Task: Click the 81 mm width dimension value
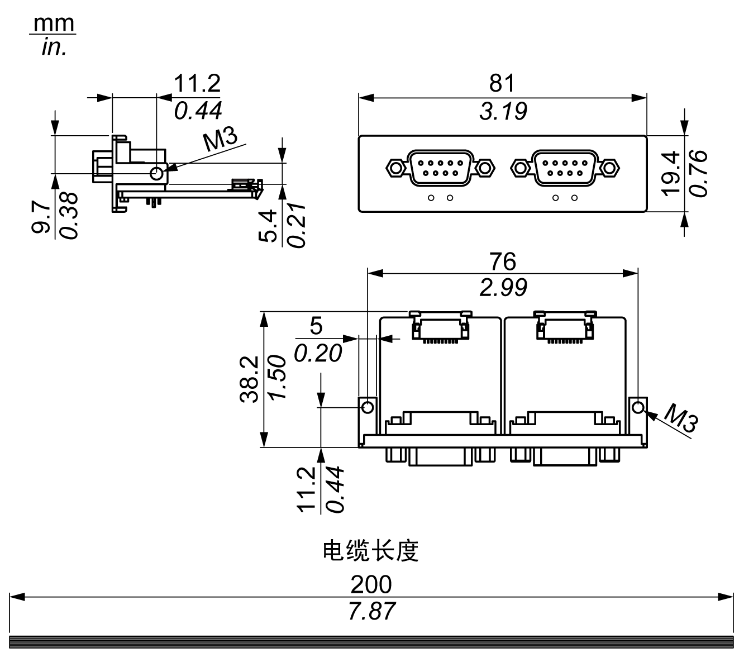(502, 83)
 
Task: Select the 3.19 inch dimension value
(503, 111)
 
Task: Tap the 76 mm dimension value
(503, 261)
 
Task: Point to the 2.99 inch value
(503, 287)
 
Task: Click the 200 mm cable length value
(371, 584)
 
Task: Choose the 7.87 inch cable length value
(371, 611)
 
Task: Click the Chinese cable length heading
(371, 551)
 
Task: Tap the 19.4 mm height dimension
(670, 173)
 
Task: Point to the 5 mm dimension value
(316, 326)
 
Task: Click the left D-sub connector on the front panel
(440, 167)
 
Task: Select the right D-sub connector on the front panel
(564, 167)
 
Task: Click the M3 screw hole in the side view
(157, 173)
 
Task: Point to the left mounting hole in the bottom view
(368, 407)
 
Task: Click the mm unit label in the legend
(54, 23)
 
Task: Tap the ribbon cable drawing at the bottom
(371, 642)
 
